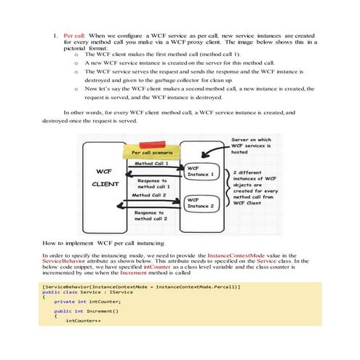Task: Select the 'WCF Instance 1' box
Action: [x=200, y=171]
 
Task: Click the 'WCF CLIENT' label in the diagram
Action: [x=105, y=177]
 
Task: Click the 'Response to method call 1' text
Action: [x=153, y=183]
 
